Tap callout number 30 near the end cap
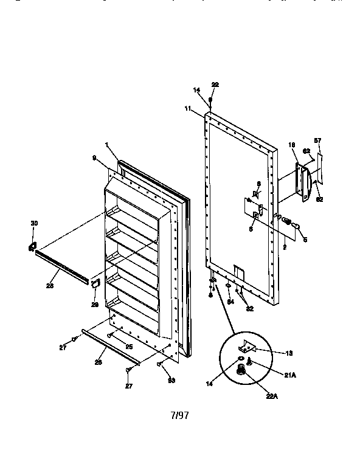point(34,224)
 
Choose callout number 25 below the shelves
point(129,346)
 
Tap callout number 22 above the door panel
point(215,85)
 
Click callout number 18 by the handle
point(291,145)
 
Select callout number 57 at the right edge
point(317,140)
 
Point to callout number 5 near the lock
point(305,240)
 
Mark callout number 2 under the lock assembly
point(284,247)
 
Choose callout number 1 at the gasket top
point(106,145)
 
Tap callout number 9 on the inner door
point(94,157)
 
